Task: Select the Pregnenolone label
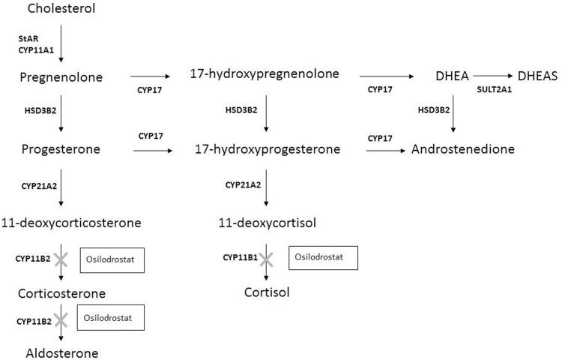(62, 77)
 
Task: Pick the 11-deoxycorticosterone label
(81, 223)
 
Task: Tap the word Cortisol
(266, 292)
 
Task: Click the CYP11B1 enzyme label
(241, 257)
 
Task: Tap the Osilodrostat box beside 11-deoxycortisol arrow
(323, 257)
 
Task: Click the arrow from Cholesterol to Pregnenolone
(61, 41)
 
